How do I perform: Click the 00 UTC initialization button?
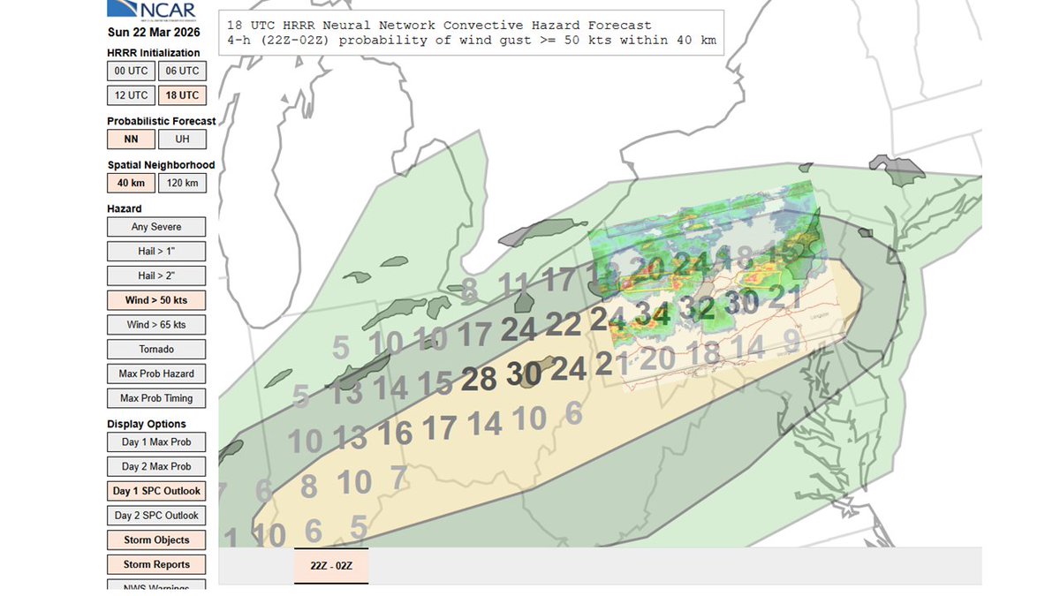point(131,71)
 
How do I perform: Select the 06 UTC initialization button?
point(182,71)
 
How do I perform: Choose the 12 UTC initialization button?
point(131,95)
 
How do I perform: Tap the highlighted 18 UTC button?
point(182,95)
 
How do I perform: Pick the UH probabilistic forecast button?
point(182,139)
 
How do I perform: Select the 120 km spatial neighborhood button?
point(182,183)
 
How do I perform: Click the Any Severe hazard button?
point(156,227)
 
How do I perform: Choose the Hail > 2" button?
point(156,276)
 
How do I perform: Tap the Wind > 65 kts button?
point(156,325)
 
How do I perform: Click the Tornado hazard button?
point(156,349)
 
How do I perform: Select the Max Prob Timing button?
point(156,398)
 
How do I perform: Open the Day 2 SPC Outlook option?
point(156,516)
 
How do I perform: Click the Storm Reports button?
point(156,564)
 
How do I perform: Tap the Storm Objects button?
point(156,539)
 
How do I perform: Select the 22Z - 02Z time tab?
point(331,565)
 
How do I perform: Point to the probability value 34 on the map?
point(652,313)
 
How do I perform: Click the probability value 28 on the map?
point(479,380)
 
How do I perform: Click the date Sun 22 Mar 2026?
point(154,33)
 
